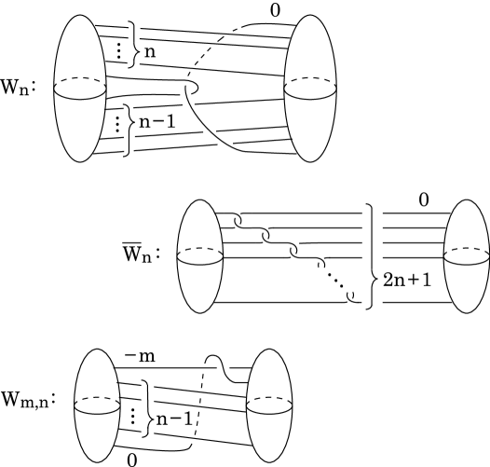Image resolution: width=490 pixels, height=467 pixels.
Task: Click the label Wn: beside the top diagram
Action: coord(19,94)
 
